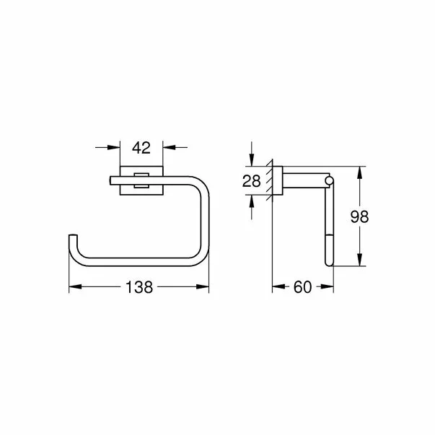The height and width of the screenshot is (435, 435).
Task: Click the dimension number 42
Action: pyautogui.click(x=141, y=149)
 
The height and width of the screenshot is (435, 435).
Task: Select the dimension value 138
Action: pyautogui.click(x=139, y=287)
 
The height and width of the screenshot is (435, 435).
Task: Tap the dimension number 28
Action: pyautogui.click(x=252, y=180)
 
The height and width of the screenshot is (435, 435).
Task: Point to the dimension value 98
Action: pyautogui.click(x=359, y=217)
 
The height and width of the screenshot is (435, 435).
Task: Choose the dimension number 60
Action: pyautogui.click(x=302, y=287)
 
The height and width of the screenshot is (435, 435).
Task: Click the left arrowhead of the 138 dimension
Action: pyautogui.click(x=74, y=287)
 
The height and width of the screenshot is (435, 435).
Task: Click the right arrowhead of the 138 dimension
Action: pyautogui.click(x=204, y=287)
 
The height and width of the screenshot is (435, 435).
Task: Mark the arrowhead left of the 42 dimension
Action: pyautogui.click(x=115, y=149)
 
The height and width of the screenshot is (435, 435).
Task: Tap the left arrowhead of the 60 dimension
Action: pyautogui.click(x=276, y=287)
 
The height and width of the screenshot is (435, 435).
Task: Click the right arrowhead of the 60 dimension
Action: pyautogui.click(x=329, y=287)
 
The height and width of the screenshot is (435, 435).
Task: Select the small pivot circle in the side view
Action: pyautogui.click(x=330, y=180)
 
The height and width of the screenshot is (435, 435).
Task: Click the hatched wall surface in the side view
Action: pyautogui.click(x=272, y=181)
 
